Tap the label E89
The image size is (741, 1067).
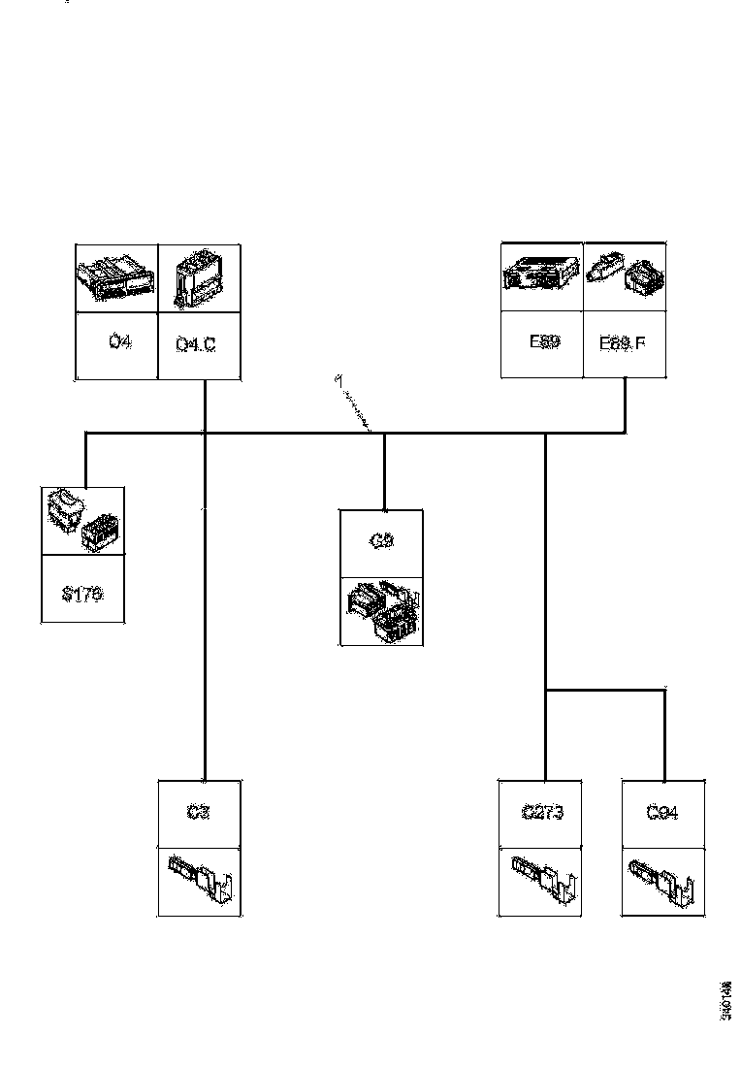[544, 342]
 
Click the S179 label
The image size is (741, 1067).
[82, 594]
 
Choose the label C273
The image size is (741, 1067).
[542, 813]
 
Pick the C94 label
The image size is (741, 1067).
[662, 813]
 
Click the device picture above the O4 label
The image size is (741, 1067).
[116, 277]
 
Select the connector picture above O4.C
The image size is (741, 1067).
[197, 278]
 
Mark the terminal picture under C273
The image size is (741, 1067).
[543, 879]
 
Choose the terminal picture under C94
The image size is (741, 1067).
[663, 879]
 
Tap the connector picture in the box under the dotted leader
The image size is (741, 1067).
[381, 611]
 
